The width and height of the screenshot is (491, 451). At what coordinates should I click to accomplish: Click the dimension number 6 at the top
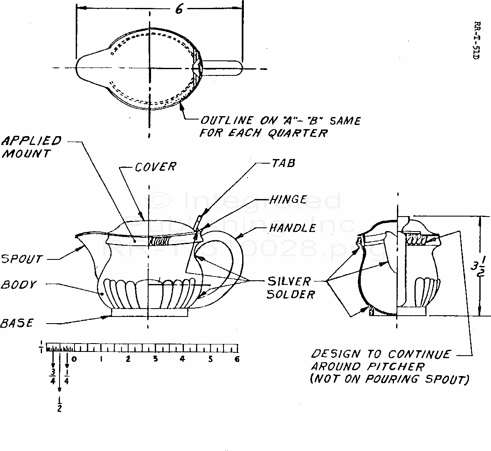click(179, 10)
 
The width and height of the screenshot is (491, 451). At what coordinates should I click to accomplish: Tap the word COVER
click(156, 167)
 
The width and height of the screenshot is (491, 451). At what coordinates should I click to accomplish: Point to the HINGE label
click(288, 199)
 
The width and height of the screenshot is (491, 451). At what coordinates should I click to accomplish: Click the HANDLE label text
click(293, 228)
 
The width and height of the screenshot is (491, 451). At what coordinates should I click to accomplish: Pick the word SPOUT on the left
click(21, 259)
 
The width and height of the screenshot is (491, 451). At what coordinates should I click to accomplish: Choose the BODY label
click(19, 285)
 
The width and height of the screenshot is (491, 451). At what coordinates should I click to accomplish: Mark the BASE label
click(17, 323)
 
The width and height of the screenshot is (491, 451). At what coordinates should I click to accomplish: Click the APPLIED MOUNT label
click(32, 147)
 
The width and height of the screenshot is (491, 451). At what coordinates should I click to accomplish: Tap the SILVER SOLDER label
click(290, 288)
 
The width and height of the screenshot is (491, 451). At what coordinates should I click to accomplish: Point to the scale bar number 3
click(155, 359)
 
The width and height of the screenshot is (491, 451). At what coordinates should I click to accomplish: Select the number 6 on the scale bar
click(237, 359)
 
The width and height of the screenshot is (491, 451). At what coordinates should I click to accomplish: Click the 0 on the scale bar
click(74, 359)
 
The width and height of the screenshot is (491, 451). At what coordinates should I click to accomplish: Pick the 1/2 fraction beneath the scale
click(59, 404)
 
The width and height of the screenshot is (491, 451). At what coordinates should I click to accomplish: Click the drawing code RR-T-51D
click(477, 40)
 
